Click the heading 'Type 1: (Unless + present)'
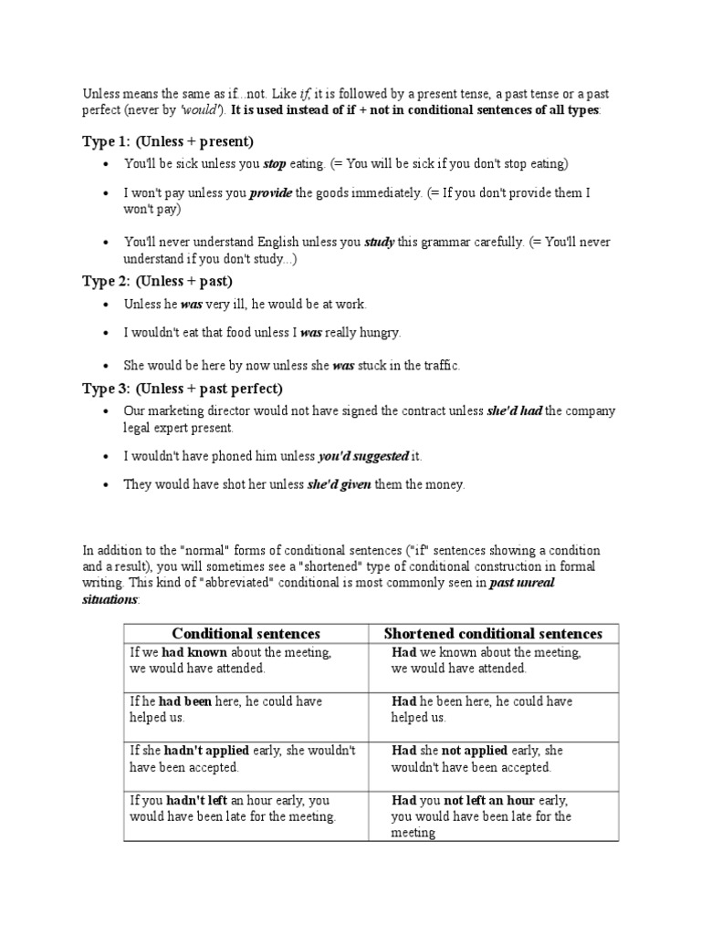(168, 141)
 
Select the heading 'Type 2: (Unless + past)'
(157, 281)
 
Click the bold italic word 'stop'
(275, 164)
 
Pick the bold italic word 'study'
(380, 243)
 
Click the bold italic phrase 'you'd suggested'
(362, 456)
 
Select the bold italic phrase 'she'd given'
(339, 485)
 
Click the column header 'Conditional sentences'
(246, 633)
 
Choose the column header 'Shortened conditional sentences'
(493, 633)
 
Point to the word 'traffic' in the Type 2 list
(438, 366)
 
